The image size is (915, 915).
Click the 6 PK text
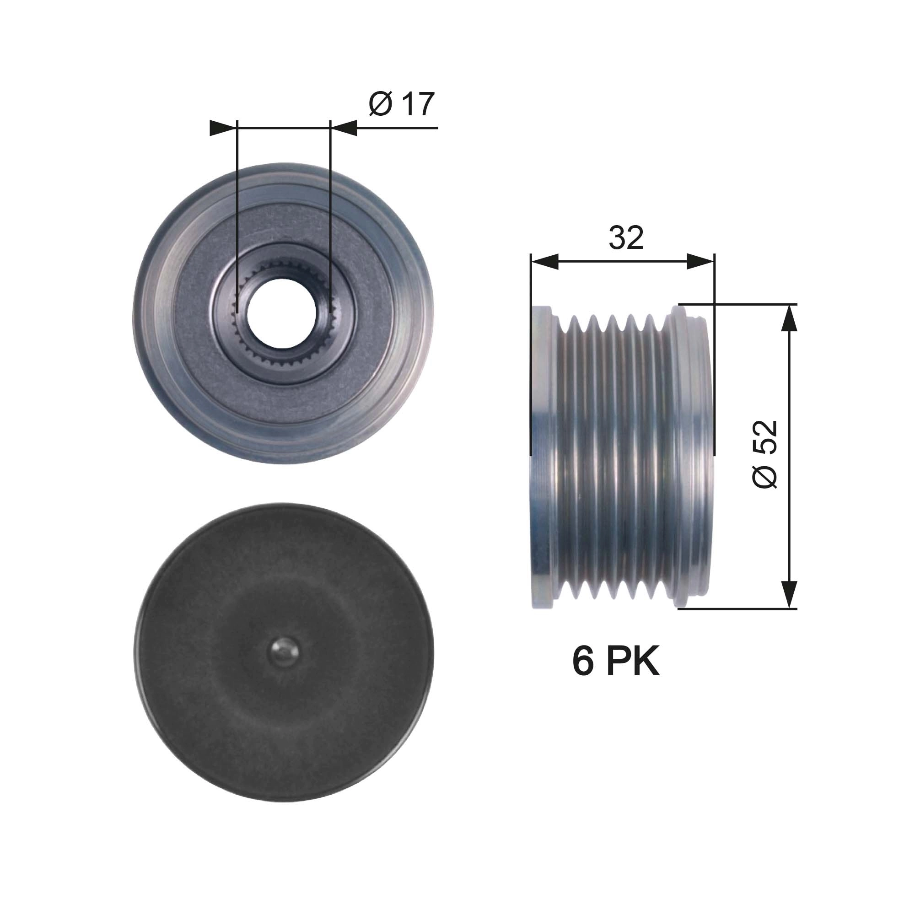pos(615,662)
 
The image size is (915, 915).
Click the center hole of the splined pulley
pos(283,313)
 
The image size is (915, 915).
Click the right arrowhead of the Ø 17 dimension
pos(344,128)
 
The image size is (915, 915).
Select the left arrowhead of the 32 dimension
pos(544,261)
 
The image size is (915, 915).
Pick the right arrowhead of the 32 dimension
pos(700,261)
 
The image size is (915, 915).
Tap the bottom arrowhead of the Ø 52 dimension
pos(789,595)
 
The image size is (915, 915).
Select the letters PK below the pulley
pos(632,662)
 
